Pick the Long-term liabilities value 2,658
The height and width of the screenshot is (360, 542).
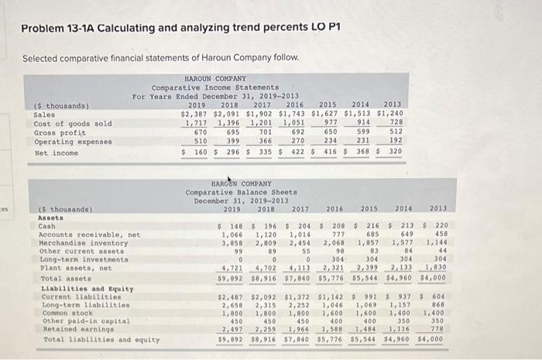pyautogui.click(x=231, y=305)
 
